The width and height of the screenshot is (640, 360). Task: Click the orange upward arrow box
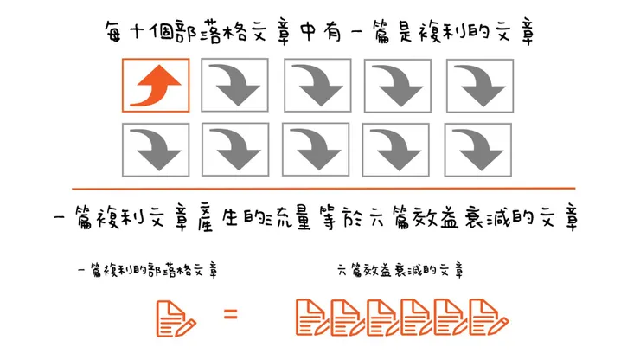[x=156, y=85]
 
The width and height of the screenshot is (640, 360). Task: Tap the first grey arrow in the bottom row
[x=156, y=148]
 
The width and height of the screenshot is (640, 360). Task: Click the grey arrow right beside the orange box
[x=238, y=85]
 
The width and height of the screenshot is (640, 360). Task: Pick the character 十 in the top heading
[x=138, y=34]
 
